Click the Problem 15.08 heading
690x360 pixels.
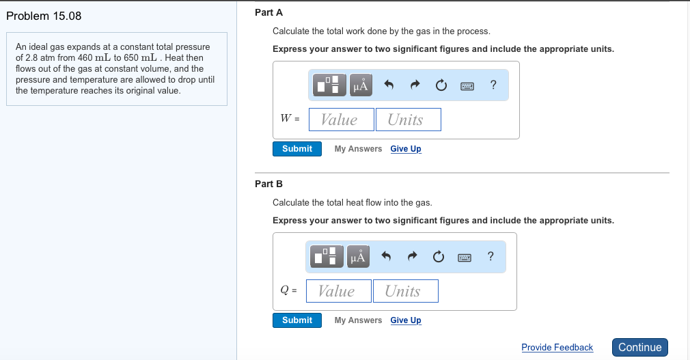tap(44, 16)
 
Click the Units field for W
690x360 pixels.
tap(408, 120)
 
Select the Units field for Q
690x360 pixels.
tap(405, 291)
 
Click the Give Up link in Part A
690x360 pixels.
tap(406, 149)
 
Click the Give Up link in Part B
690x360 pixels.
tap(406, 320)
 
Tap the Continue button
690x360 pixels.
tap(639, 347)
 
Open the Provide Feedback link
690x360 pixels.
tap(557, 348)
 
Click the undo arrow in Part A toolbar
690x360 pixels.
tap(389, 85)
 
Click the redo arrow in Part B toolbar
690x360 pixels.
tap(413, 257)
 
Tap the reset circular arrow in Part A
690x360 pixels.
tap(441, 85)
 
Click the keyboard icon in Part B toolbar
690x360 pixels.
tap(465, 258)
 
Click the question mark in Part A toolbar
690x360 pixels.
tap(493, 85)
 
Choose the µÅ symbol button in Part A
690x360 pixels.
tap(361, 85)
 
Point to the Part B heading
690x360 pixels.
tap(268, 184)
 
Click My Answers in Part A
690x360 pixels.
tap(358, 149)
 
